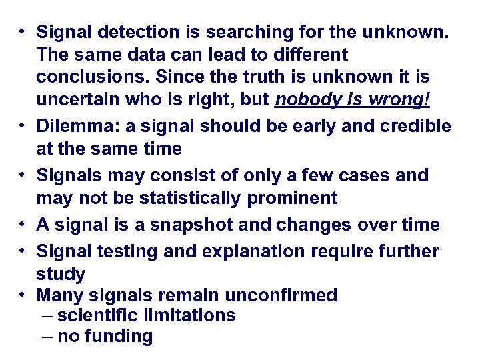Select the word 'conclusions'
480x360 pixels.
click(x=87, y=77)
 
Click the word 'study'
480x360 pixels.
click(x=61, y=274)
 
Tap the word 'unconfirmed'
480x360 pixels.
click(x=281, y=295)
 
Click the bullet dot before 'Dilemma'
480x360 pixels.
click(x=22, y=125)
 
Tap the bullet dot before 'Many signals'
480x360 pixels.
click(x=22, y=294)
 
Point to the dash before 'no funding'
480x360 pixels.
click(x=47, y=337)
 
